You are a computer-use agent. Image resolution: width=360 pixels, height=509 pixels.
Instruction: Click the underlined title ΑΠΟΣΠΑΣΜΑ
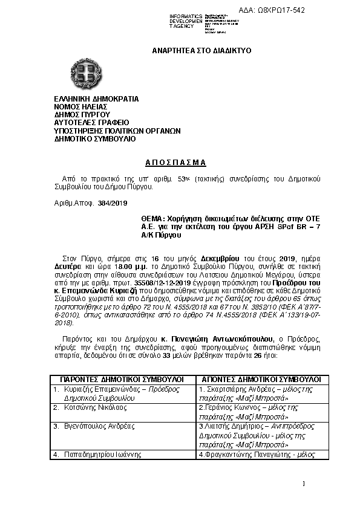pyautogui.click(x=176, y=163)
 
